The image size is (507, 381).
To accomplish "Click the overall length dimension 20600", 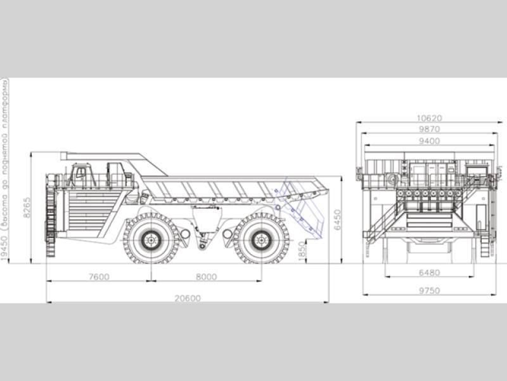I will [188, 297].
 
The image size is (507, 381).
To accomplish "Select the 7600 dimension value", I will [98, 276].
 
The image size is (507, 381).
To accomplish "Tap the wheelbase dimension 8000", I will [206, 276].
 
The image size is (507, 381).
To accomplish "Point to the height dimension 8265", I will [27, 207].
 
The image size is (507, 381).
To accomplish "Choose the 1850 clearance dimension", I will [302, 251].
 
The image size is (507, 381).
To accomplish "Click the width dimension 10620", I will [429, 118].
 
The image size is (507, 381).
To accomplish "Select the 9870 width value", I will [429, 129].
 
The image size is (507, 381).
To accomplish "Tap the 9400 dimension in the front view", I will [429, 140].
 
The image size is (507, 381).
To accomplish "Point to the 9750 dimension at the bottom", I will [429, 290].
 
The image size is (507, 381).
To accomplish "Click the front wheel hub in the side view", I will [151, 239].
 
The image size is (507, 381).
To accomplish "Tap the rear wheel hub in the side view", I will [260, 239].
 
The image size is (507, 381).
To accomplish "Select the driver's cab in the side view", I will [81, 175].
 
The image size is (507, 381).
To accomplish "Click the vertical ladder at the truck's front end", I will [50, 216].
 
